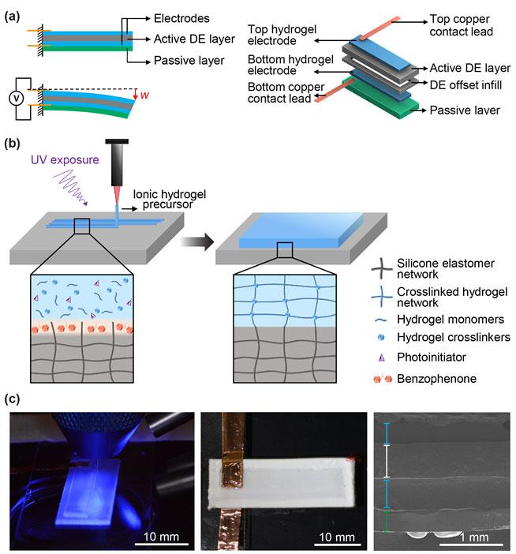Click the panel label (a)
click(14, 17)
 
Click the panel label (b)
click(14, 144)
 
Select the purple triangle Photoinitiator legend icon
click(383, 357)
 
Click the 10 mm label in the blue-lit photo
click(163, 538)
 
